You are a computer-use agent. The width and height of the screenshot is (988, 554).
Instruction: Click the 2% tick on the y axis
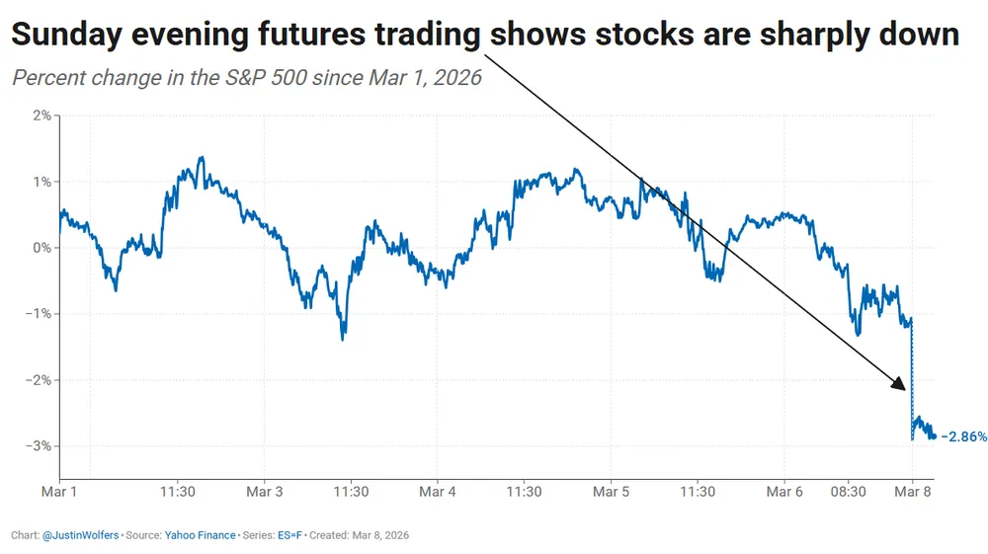tap(42, 116)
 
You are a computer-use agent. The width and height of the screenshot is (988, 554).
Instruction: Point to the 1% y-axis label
tap(42, 182)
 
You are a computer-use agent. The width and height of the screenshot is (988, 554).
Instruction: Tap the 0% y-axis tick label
tap(42, 248)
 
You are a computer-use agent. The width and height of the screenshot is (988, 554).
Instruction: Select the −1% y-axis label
tap(40, 314)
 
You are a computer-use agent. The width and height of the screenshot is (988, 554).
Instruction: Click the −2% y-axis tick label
tap(40, 380)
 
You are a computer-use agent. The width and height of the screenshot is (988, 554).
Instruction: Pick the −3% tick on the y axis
tap(40, 446)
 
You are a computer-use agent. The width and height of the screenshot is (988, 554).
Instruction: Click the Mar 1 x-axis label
tap(59, 491)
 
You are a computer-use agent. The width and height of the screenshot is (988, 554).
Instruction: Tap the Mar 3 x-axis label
tap(264, 491)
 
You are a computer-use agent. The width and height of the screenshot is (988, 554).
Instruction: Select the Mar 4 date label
tap(438, 491)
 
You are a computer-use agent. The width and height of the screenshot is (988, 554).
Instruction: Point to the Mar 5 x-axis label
tap(612, 491)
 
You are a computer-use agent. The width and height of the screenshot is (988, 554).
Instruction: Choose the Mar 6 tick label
tap(785, 491)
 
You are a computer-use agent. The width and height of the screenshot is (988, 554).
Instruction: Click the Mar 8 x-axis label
tap(912, 491)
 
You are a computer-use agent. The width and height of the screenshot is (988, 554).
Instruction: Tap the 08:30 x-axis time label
tap(847, 491)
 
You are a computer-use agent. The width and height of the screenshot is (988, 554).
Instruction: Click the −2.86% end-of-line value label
tap(963, 435)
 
